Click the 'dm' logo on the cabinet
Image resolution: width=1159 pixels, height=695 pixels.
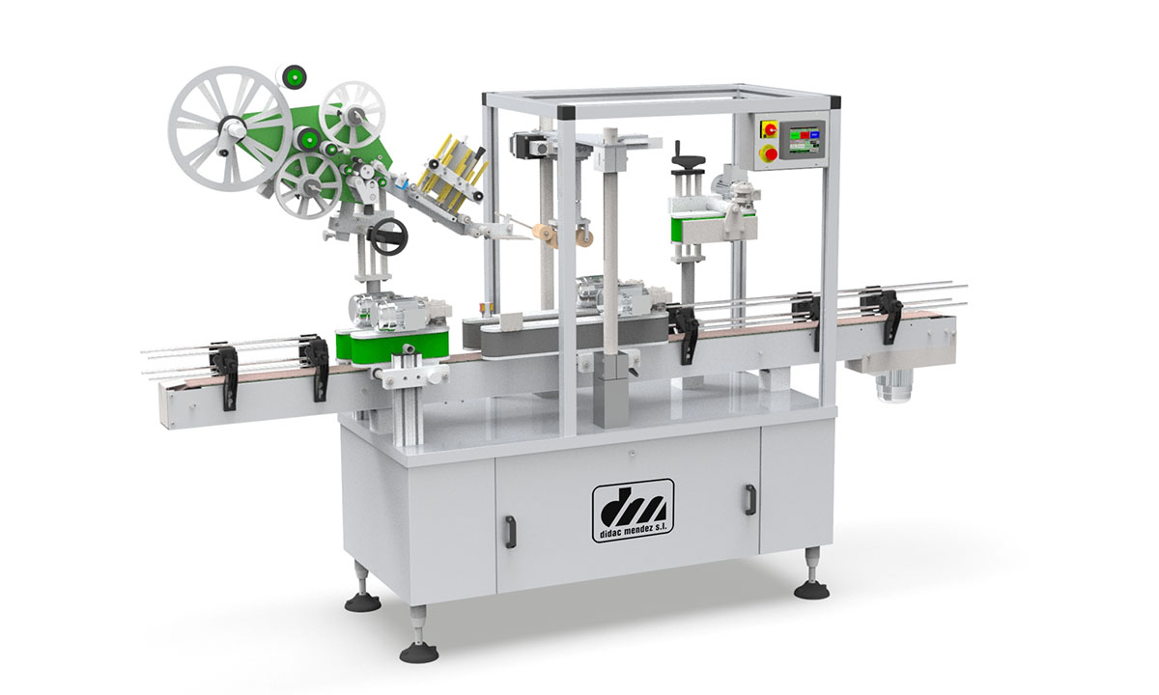[x=633, y=505]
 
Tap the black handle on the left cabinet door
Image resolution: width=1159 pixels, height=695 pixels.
[x=510, y=530]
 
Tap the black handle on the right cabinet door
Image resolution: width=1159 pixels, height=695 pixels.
[x=749, y=500]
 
